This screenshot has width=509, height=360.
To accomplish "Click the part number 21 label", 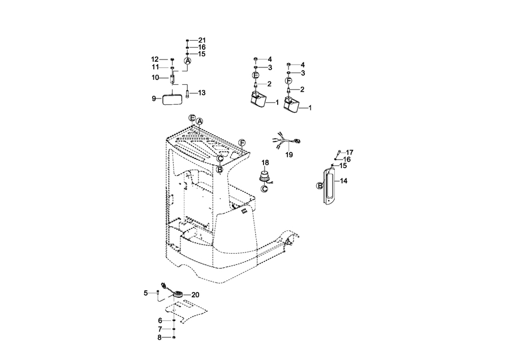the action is point(202,40).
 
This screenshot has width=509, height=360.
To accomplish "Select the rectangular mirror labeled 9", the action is point(172,100).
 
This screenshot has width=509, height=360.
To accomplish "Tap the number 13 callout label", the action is point(201,93).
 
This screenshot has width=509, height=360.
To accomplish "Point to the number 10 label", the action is point(155,78).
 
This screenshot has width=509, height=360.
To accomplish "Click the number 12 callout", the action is point(155,59).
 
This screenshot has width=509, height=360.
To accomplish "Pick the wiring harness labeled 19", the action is point(288,140).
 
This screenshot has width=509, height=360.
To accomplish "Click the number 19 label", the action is point(289,155).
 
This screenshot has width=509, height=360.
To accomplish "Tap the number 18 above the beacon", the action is point(265,162).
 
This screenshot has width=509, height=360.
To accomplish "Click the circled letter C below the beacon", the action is point(265,188).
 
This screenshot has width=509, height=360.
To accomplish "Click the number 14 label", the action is point(343,181).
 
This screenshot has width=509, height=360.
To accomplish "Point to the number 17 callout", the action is point(350,152).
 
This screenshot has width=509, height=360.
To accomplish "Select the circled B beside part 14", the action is point(320,186).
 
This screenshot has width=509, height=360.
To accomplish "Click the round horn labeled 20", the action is point(177,295).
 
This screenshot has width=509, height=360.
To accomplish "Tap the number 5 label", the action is point(146,293).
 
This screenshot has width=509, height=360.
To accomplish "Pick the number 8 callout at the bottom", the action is point(159,337).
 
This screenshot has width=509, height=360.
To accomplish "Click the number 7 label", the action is point(160,329).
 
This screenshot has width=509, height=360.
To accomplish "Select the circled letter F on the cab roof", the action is point(241,143).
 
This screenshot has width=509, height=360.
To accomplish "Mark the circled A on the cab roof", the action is point(200,121).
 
